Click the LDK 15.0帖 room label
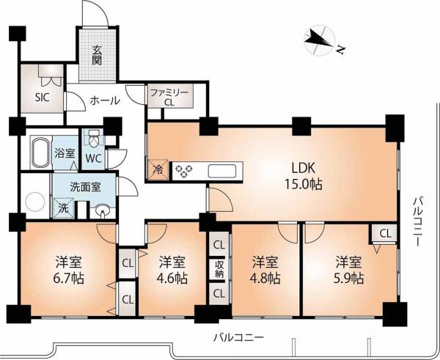click(x=304, y=176)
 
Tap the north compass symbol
click(x=321, y=40)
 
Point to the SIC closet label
click(x=43, y=98)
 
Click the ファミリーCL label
click(x=169, y=98)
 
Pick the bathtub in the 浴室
click(x=41, y=152)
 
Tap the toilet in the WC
click(x=92, y=139)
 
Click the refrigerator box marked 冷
click(x=158, y=169)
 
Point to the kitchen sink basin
click(x=221, y=171)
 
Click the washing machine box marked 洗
click(x=64, y=208)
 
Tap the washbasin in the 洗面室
click(x=103, y=210)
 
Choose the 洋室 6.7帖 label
click(x=70, y=270)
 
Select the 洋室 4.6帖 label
click(x=172, y=270)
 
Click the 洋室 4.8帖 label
click(x=265, y=270)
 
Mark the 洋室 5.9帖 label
click(x=349, y=270)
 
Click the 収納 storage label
click(x=219, y=269)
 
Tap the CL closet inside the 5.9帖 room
click(x=385, y=233)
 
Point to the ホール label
click(x=105, y=100)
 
